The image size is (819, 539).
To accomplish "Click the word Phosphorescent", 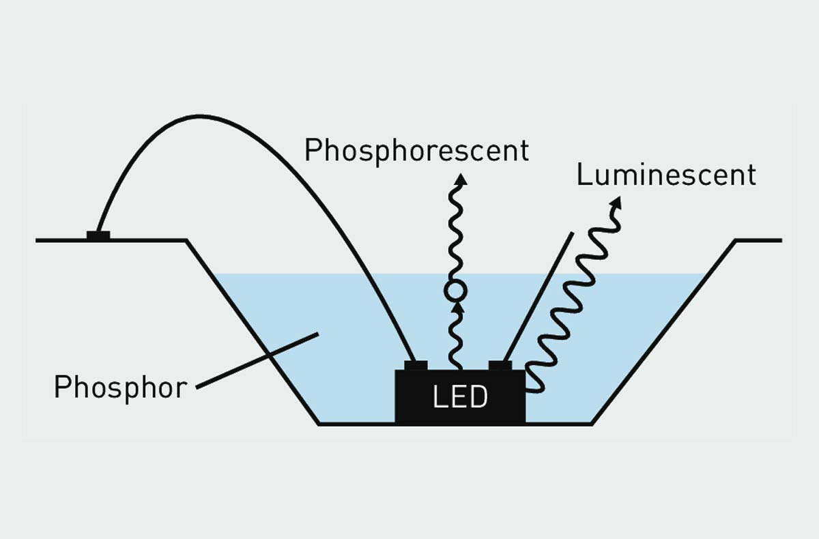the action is [416, 150].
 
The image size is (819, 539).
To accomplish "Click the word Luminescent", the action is [666, 175].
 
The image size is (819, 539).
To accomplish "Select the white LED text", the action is [460, 397].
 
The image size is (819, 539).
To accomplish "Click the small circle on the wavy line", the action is [455, 291].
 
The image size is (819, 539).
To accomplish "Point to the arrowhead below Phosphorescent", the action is [461, 179].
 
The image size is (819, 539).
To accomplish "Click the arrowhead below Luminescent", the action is [616, 203].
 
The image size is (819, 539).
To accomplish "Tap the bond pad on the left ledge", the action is [98, 235].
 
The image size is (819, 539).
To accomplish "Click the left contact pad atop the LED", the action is [416, 365].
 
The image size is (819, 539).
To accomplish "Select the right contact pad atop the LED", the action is [500, 365].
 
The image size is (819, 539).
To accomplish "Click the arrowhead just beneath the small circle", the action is [457, 307].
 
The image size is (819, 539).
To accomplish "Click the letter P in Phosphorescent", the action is [312, 150].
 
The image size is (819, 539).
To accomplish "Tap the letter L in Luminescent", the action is [584, 175].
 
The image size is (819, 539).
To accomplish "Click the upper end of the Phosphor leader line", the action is [318, 334].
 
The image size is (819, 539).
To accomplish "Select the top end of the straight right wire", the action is [572, 233].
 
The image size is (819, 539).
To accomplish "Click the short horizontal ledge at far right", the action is [758, 240].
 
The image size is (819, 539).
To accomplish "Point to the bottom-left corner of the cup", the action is [319, 424].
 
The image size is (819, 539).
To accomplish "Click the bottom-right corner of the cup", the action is [592, 424].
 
